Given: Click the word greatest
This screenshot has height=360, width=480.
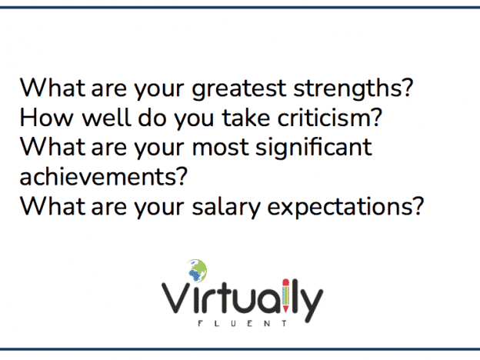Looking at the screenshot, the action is point(238,89).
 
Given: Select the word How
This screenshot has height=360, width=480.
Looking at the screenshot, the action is point(47,117).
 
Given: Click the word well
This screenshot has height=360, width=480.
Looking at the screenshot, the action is point(107,117).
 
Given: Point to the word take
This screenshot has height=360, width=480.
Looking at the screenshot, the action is point(246,117).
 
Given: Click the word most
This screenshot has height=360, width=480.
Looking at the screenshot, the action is point(221,147).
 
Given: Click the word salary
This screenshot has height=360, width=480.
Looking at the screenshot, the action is point(226,208).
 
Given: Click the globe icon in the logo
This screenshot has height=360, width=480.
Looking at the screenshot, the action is point(197,271).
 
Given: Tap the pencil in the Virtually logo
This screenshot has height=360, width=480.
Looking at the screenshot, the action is point(285,295).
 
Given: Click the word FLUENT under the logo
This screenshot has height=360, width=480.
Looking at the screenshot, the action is point(242,324).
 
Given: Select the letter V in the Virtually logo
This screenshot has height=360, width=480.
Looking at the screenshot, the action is point(176,298).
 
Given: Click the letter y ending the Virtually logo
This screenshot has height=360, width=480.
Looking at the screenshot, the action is point(311,304).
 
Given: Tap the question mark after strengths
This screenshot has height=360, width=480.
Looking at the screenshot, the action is point(407,87).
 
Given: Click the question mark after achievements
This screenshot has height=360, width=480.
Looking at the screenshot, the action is point(182,176).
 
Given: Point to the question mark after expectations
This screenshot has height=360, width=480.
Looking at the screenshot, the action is point(418,206).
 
